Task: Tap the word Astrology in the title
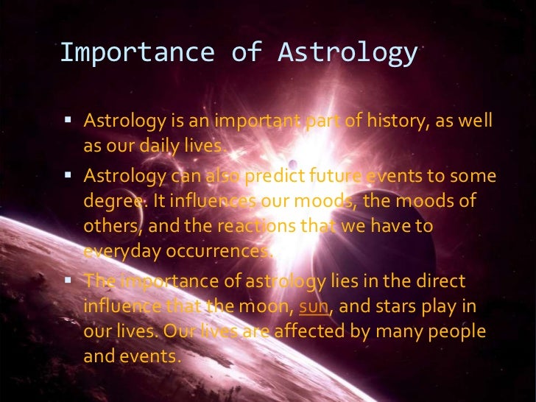347,52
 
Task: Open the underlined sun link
313,306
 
